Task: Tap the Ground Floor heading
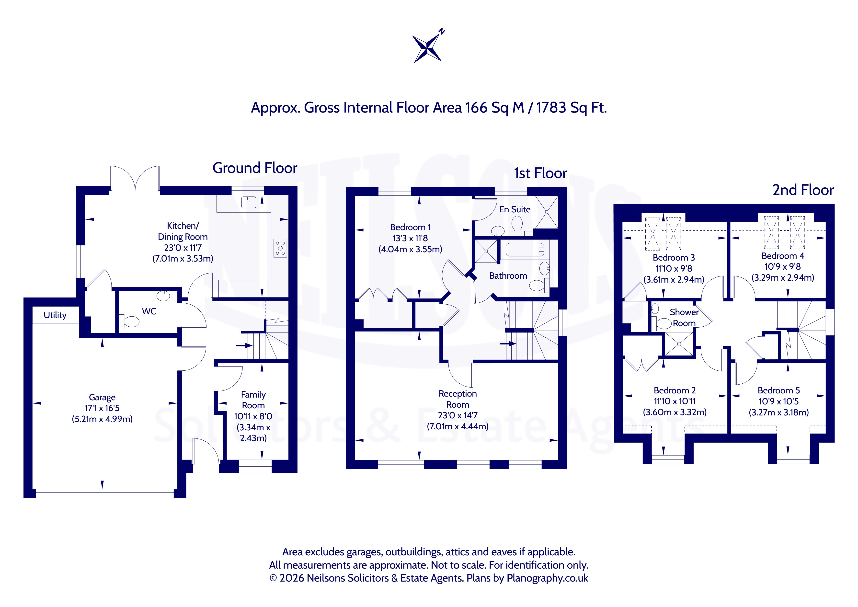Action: (x=255, y=168)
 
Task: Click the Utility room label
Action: (x=55, y=315)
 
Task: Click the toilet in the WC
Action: (x=129, y=321)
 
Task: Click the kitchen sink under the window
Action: (x=249, y=202)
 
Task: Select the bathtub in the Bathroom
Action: (x=525, y=249)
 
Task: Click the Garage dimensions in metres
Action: (x=103, y=419)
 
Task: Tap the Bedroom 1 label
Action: (x=410, y=227)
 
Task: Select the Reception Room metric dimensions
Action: (x=458, y=426)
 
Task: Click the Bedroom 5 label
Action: (x=779, y=390)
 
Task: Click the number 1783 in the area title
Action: (x=551, y=108)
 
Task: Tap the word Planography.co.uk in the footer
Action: (x=548, y=578)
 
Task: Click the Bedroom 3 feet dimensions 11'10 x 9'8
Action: (x=673, y=268)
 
